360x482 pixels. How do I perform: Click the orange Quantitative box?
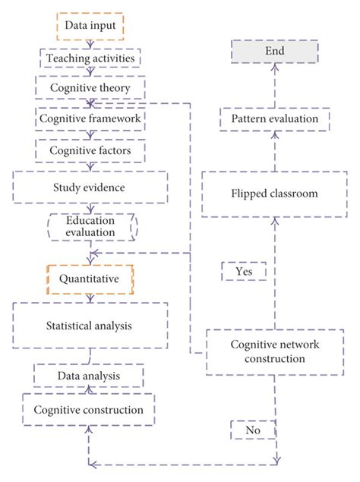[90, 278]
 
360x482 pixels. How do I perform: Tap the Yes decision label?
[242, 270]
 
